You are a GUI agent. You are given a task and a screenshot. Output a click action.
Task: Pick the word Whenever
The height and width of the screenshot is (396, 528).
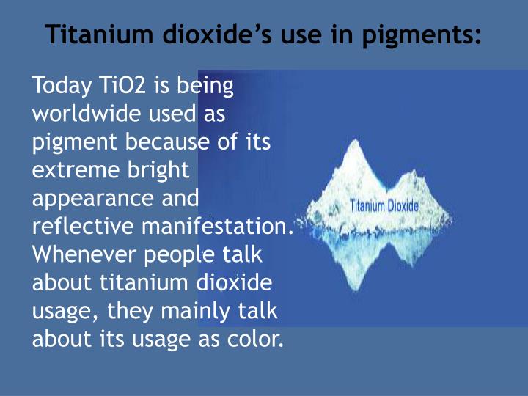tap(85, 254)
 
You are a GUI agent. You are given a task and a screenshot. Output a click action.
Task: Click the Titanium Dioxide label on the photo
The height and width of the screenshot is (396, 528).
tap(384, 206)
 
